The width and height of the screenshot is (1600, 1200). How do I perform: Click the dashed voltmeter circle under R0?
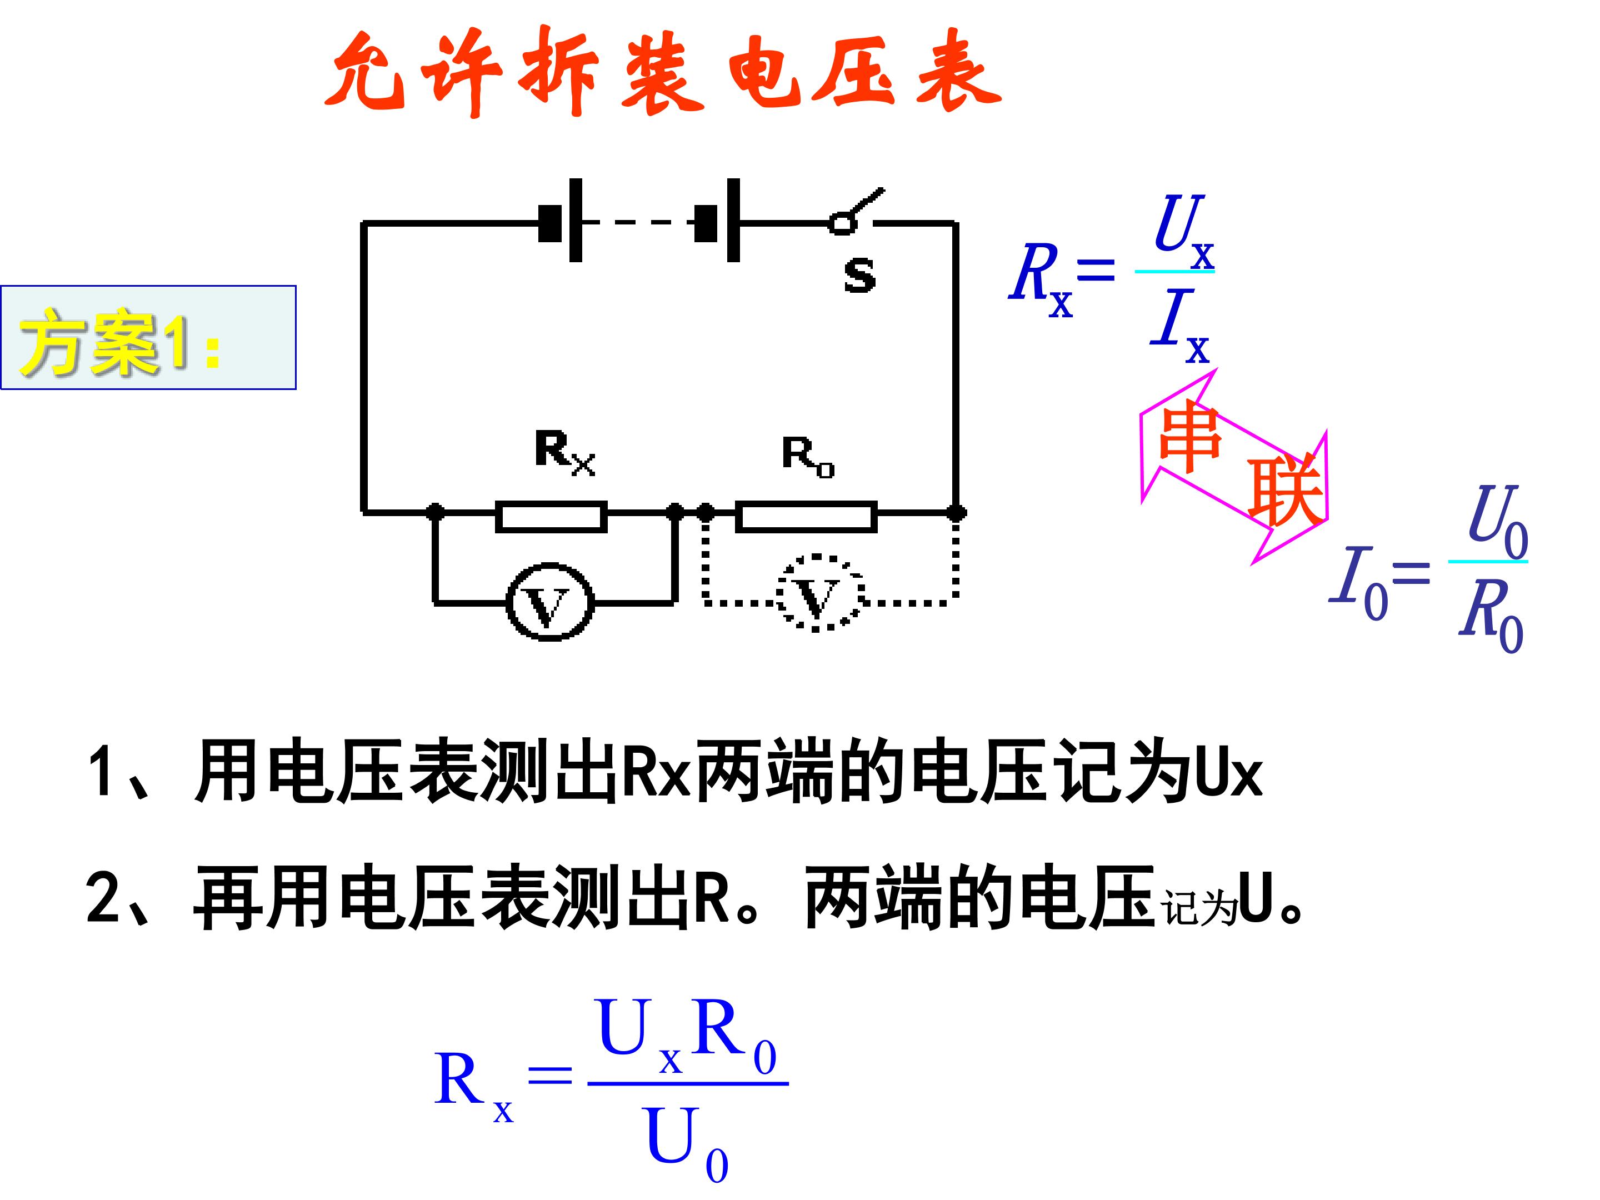point(779,593)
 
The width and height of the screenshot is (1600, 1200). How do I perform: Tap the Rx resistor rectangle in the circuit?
point(551,502)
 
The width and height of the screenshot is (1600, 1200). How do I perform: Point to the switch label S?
point(859,275)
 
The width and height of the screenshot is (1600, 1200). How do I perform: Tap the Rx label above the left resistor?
point(565,453)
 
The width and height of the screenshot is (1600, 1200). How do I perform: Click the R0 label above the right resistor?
point(808,457)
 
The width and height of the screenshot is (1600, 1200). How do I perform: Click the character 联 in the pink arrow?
point(1286,491)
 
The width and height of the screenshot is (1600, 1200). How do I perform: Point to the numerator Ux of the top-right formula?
point(1183,232)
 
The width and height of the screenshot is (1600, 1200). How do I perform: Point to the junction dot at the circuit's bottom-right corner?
point(956,513)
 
